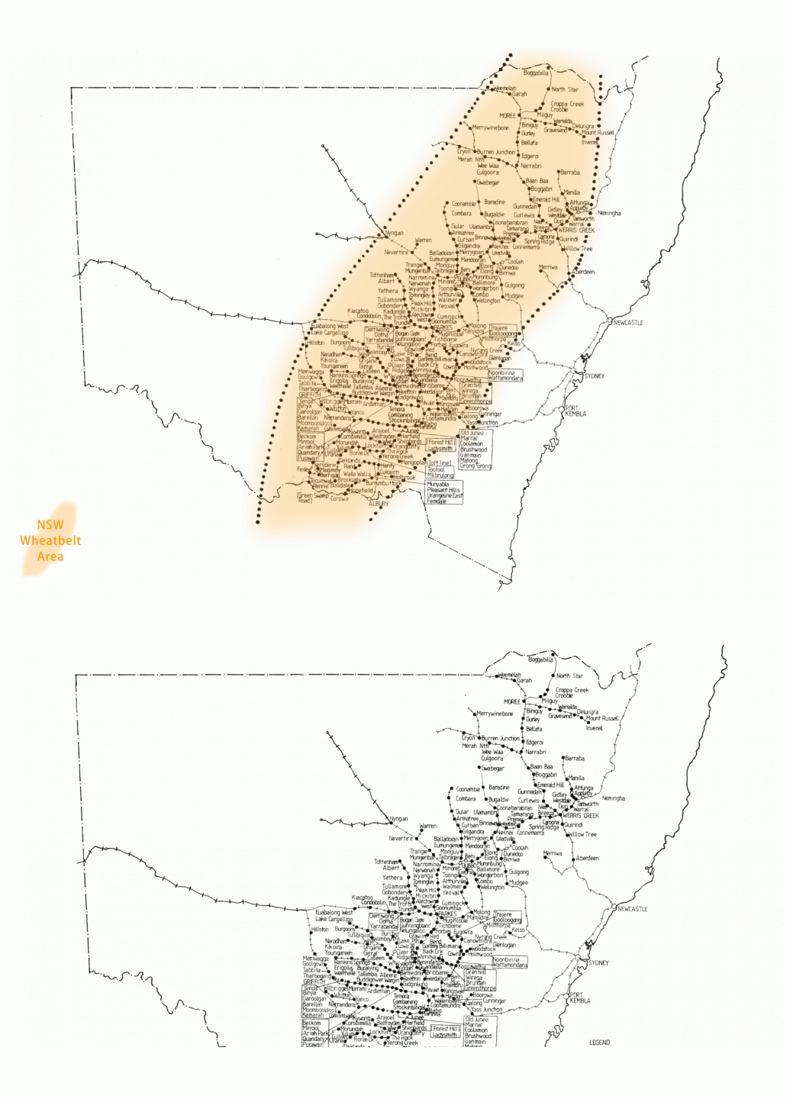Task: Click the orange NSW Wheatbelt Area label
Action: coord(50,540)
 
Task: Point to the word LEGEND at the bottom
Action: coord(599,1043)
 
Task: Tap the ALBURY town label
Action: coord(379,504)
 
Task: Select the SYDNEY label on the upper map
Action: coord(594,376)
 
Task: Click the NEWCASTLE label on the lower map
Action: coord(632,909)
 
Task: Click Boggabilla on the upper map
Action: coord(536,73)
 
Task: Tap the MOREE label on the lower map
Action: coord(512,701)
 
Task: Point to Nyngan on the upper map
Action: coord(395,234)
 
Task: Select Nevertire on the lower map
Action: coord(401,838)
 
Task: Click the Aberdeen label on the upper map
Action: coord(584,272)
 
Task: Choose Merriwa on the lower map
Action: coord(553,853)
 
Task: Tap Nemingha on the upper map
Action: coord(609,214)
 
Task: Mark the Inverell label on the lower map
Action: coord(594,728)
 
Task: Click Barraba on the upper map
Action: coord(570,172)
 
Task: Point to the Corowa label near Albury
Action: coord(340,499)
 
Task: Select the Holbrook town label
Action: coord(405,478)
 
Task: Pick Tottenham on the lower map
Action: coord(386,862)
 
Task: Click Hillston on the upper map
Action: coord(315,343)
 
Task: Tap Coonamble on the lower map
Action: coord(468,789)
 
